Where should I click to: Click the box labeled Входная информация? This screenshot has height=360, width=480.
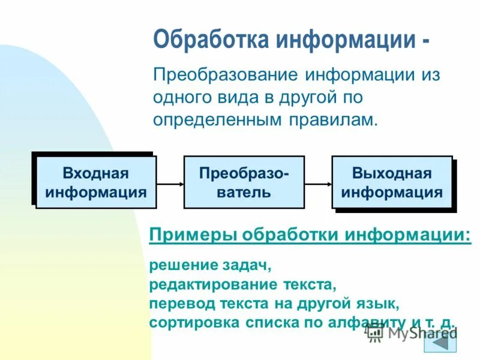(96, 182)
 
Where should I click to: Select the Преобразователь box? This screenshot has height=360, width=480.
(244, 182)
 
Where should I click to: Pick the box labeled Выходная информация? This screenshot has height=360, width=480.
(392, 182)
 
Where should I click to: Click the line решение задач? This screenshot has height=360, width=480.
(206, 265)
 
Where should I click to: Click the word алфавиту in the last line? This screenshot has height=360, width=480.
(374, 322)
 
